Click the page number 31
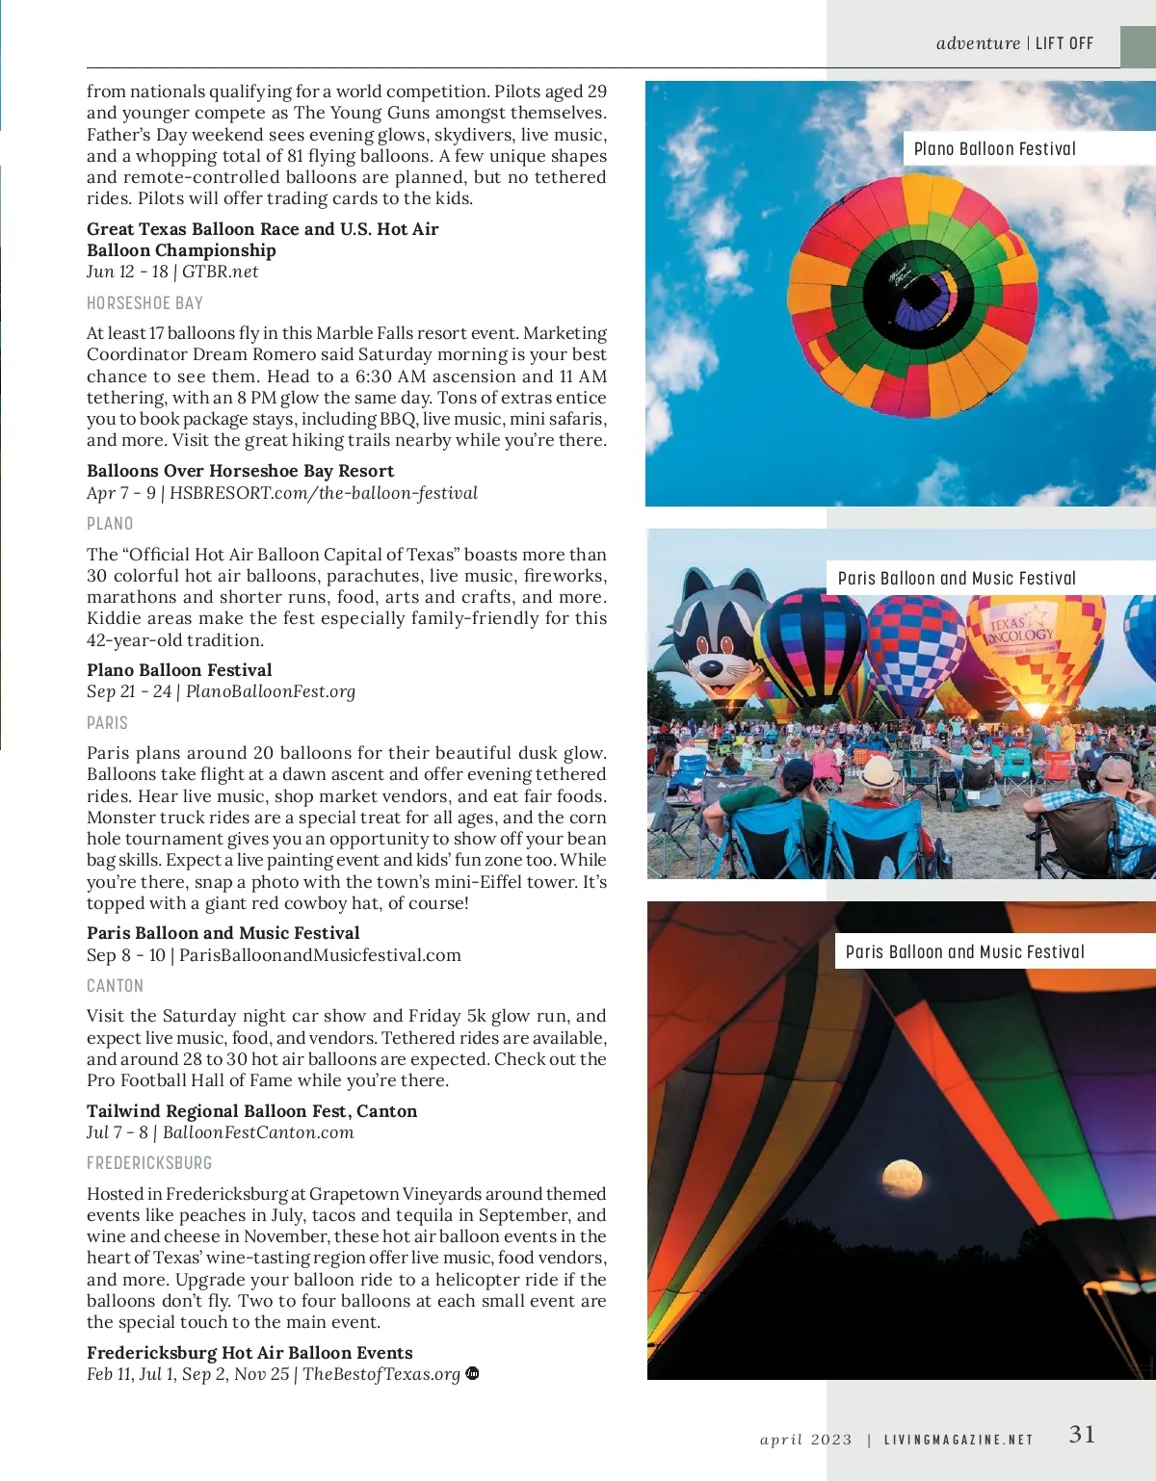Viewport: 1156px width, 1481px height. click(x=1082, y=1434)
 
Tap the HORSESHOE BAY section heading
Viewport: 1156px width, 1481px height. click(x=144, y=303)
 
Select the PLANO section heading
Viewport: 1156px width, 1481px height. click(x=110, y=524)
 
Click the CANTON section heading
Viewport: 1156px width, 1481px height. click(x=115, y=986)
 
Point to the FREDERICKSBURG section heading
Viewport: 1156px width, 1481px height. click(x=149, y=1163)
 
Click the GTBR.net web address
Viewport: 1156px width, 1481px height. click(x=221, y=272)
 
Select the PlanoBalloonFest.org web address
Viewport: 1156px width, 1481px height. click(x=271, y=691)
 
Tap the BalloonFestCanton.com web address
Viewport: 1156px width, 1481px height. click(x=258, y=1132)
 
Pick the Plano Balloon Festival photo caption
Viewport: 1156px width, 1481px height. click(x=994, y=149)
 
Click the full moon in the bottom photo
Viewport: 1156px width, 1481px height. click(x=902, y=1178)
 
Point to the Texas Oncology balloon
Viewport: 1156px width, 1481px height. click(x=1031, y=645)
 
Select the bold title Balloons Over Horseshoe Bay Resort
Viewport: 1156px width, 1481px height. click(x=240, y=471)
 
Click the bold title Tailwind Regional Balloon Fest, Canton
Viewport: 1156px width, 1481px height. click(x=251, y=1111)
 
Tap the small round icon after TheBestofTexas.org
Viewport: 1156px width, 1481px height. click(x=472, y=1373)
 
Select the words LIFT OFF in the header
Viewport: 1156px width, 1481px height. click(x=1064, y=43)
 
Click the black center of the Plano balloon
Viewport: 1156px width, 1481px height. click(x=910, y=294)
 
